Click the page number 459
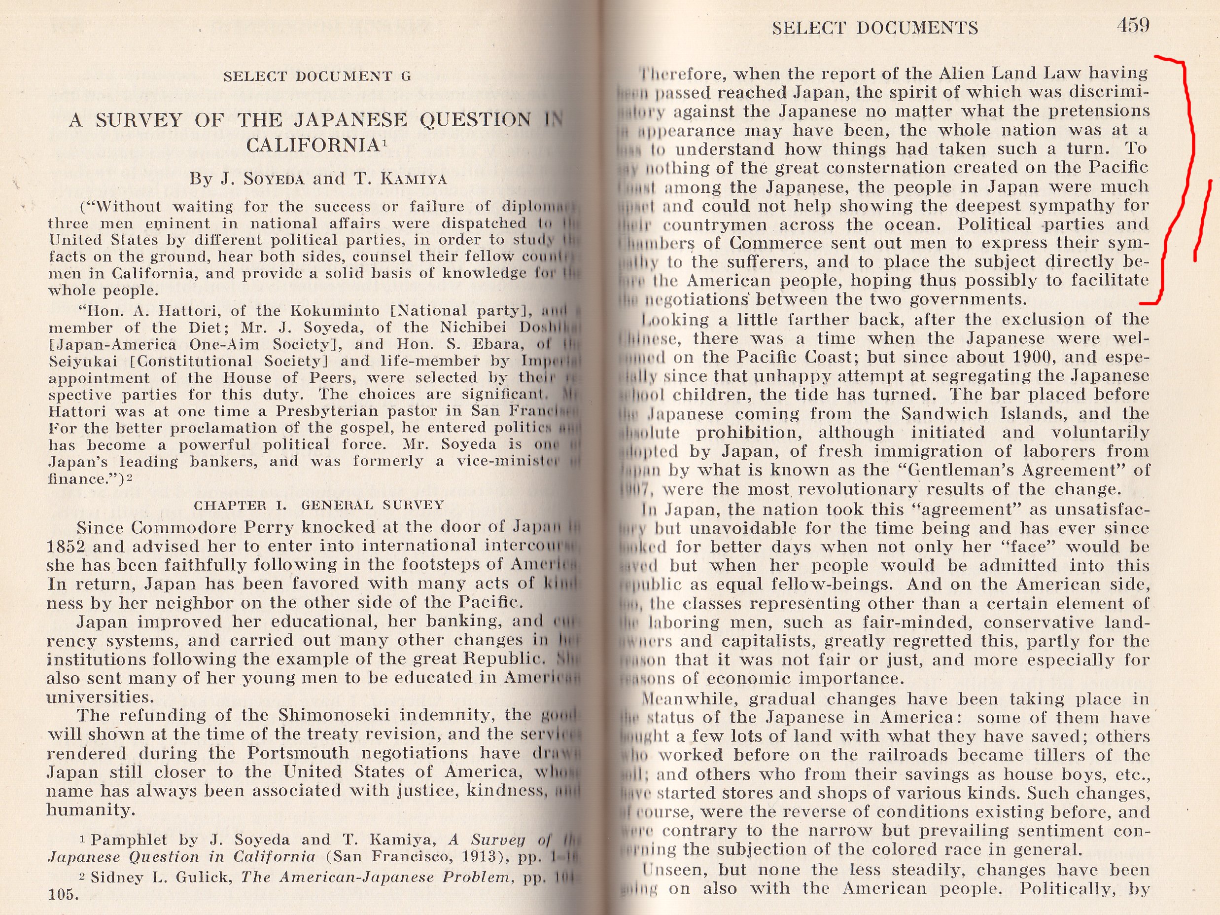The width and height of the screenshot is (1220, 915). tap(1133, 25)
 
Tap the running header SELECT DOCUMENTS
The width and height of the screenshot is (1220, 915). tap(875, 28)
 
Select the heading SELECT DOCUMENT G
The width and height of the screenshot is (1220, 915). tap(317, 76)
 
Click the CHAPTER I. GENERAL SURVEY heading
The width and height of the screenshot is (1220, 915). tap(318, 505)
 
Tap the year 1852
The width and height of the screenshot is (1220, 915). tap(67, 547)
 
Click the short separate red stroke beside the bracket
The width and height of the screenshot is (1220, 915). tap(1202, 221)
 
